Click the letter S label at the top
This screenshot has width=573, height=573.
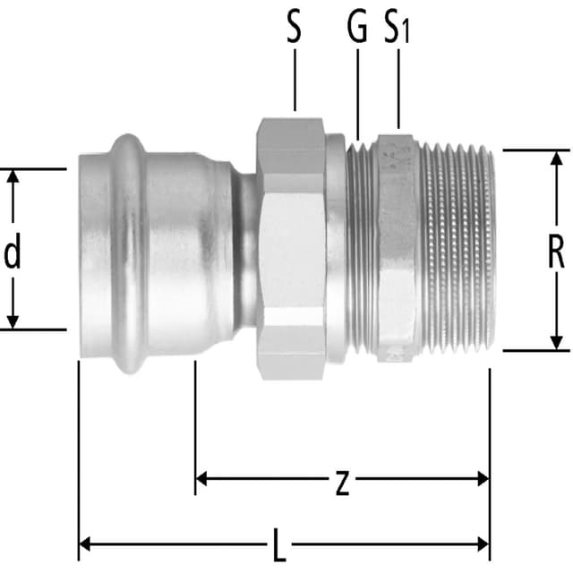click(x=294, y=29)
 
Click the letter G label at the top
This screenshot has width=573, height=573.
click(x=356, y=29)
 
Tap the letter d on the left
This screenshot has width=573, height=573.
click(x=13, y=254)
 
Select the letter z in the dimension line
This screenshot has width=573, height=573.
click(x=341, y=483)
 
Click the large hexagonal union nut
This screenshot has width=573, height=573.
click(x=290, y=251)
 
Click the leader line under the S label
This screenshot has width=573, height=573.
click(x=294, y=81)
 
